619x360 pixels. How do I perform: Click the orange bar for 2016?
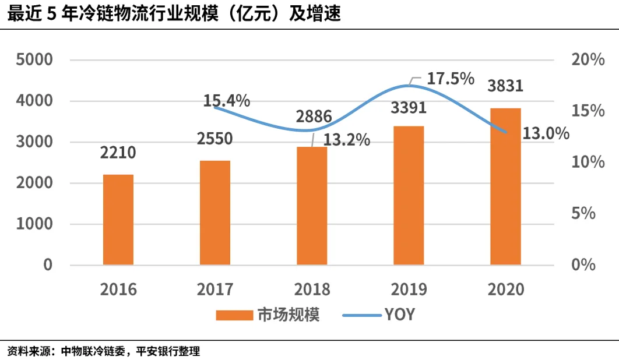click(x=118, y=220)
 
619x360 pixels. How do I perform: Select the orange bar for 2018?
click(x=312, y=206)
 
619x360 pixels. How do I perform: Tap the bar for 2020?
click(x=505, y=186)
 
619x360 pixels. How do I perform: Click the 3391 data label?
click(x=407, y=108)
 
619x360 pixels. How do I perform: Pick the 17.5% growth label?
click(x=451, y=79)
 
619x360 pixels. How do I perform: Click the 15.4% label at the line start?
click(x=226, y=101)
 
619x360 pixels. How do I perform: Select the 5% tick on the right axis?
click(x=584, y=214)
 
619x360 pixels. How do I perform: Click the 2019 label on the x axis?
click(x=409, y=289)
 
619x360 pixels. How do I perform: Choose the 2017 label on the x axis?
click(x=215, y=289)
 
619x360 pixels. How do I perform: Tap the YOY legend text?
click(x=400, y=315)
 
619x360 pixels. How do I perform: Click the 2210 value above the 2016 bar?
click(x=118, y=153)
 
